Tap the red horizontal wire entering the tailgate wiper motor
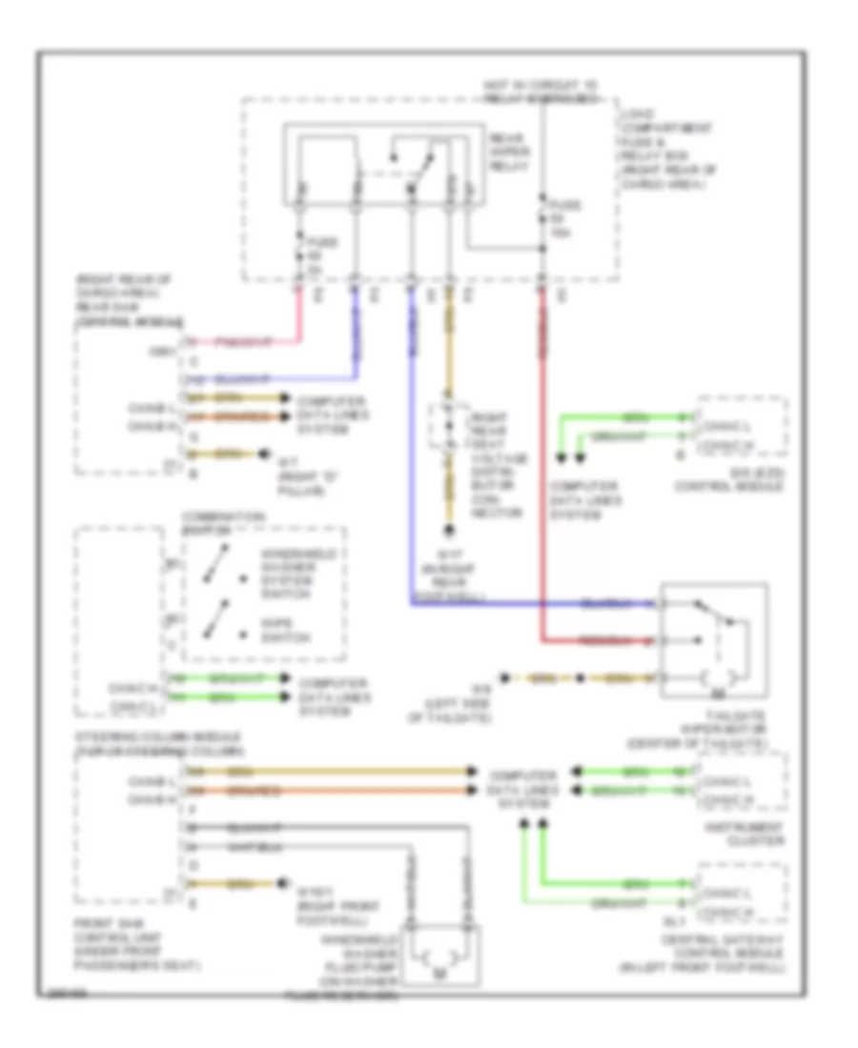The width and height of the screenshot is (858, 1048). [x=601, y=640]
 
